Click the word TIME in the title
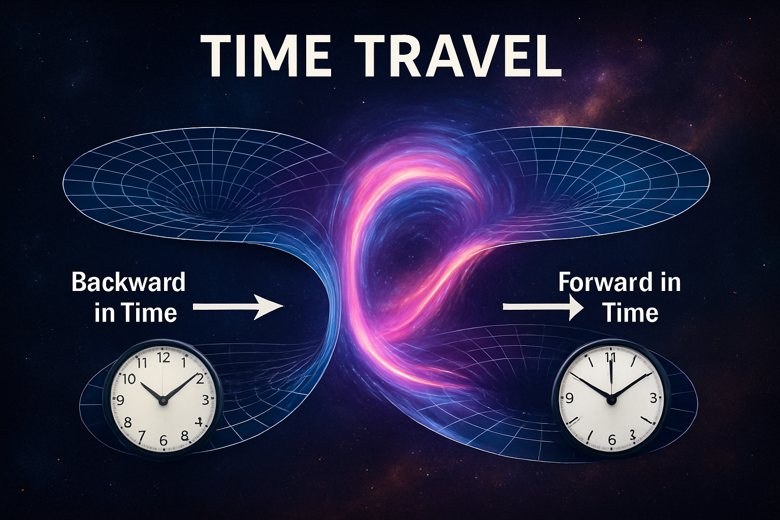pos(266,55)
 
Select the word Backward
pos(128,282)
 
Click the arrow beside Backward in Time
pos(237,307)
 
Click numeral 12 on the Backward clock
pos(164,357)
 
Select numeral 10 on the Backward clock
pos(129,379)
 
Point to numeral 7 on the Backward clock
pos(142,436)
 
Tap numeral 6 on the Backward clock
pos(164,440)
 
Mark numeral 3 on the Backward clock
pos(205,400)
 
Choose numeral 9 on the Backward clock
pos(120,400)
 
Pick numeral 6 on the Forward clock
pos(611,440)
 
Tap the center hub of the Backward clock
pos(163,400)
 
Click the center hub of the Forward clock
pos(611,399)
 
